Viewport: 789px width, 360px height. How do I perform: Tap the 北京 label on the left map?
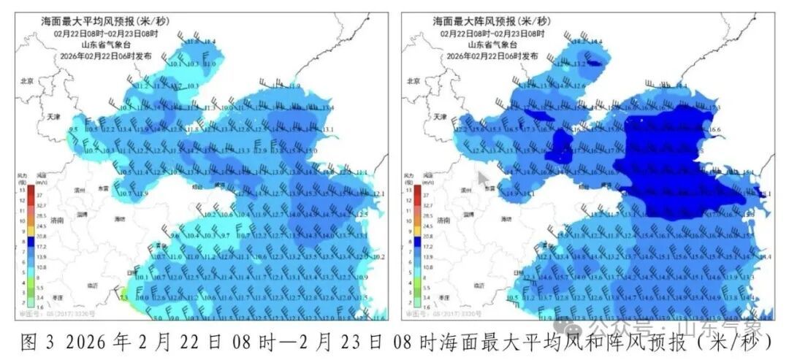(27, 81)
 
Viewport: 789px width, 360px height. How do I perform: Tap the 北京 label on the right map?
(413, 81)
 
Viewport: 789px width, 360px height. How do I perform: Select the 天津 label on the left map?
(53, 116)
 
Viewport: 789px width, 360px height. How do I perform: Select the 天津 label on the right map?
(438, 116)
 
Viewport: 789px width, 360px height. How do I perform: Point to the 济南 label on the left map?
(56, 219)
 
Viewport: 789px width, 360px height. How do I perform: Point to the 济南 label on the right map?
(441, 219)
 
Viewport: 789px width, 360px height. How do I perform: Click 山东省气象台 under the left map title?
(99, 45)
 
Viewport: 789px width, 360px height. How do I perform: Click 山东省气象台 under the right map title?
(490, 45)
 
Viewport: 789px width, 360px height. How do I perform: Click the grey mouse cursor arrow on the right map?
(483, 177)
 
